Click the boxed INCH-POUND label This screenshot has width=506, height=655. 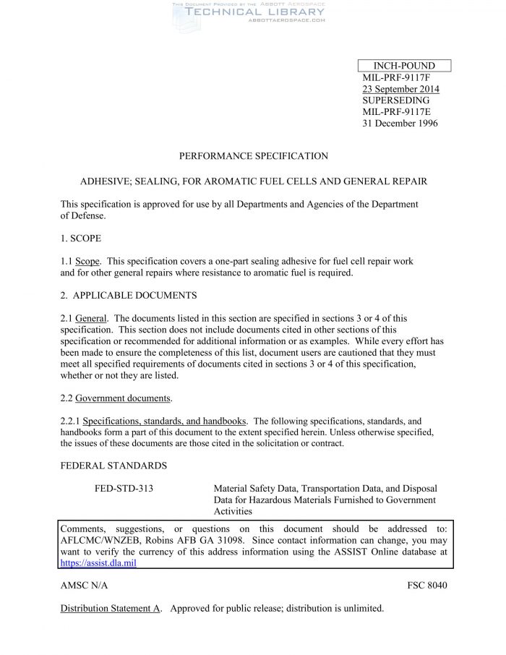coord(404,66)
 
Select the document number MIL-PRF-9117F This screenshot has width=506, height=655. coord(396,77)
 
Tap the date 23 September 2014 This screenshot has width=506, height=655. coord(400,89)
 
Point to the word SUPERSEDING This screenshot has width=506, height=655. coord(395,100)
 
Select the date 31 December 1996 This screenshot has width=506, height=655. coord(400,124)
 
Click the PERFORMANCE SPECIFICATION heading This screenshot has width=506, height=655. coord(253,156)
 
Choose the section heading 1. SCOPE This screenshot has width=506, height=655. coord(81,238)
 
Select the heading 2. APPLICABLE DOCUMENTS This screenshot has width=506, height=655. coord(129,296)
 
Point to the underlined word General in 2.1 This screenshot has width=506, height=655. coord(92,318)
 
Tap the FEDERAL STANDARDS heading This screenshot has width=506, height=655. coord(113,466)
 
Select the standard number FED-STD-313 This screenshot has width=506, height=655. coord(124,489)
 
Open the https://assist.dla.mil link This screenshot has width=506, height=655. coord(98,562)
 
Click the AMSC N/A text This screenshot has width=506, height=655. coord(84,585)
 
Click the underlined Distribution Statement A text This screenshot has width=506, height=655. coord(111,608)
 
